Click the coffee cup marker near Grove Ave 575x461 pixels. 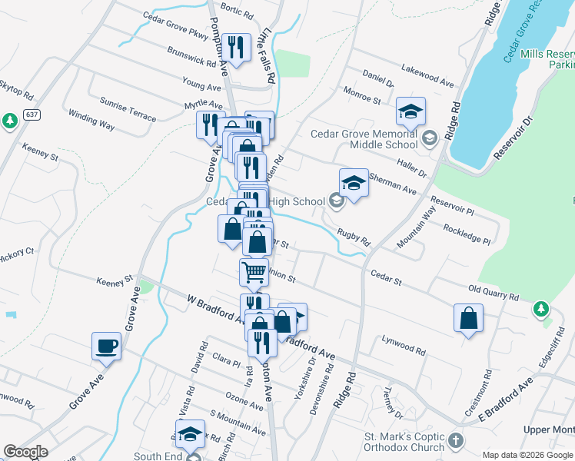pyautogui.click(x=105, y=345)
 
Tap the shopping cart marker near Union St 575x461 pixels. pyautogui.click(x=254, y=272)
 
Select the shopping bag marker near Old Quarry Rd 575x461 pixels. pyautogui.click(x=468, y=317)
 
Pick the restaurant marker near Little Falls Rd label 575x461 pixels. pyautogui.click(x=238, y=48)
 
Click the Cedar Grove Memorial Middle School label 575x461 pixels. pyautogui.click(x=364, y=139)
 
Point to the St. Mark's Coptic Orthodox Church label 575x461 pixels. pyautogui.click(x=404, y=442)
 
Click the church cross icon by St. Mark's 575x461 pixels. pyautogui.click(x=457, y=441)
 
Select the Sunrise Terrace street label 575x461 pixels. pyautogui.click(x=128, y=109)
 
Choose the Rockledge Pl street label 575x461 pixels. pyautogui.click(x=467, y=234)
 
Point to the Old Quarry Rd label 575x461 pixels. pyautogui.click(x=494, y=293)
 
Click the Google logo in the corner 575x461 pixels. pyautogui.click(x=25, y=452)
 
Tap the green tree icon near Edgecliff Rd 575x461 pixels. pyautogui.click(x=542, y=309)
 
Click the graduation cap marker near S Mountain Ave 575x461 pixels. pyautogui.click(x=190, y=434)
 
